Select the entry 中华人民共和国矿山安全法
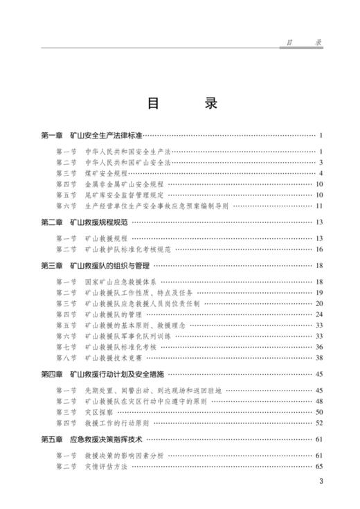(127, 162)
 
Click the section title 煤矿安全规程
(106, 172)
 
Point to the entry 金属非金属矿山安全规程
(123, 184)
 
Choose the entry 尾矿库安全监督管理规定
(123, 195)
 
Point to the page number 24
(319, 314)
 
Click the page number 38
(319, 358)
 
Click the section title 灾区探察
(97, 412)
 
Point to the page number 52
(319, 423)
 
